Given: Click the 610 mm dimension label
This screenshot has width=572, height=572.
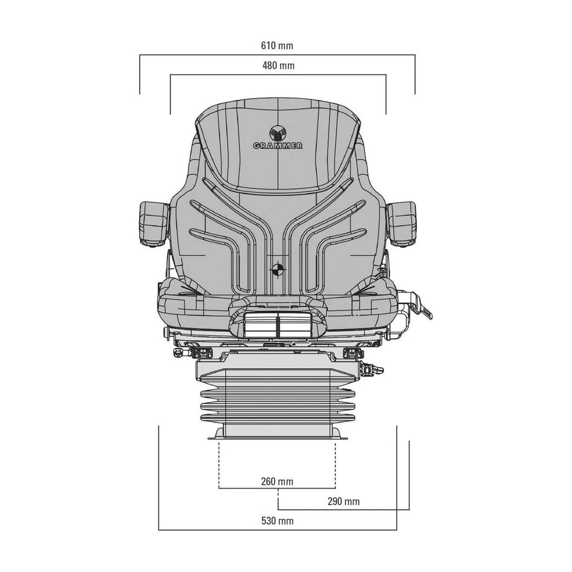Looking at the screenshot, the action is [277, 46].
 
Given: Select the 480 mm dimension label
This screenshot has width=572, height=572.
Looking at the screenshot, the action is [278, 66].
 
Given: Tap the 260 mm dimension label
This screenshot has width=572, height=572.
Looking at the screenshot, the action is [277, 482].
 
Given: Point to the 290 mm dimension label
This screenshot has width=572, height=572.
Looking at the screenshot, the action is [343, 502].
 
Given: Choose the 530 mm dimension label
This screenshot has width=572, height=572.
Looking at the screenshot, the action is [277, 521].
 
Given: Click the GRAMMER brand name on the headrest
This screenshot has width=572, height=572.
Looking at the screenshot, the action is [278, 146].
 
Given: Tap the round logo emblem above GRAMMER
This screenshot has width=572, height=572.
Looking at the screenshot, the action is [278, 133].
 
